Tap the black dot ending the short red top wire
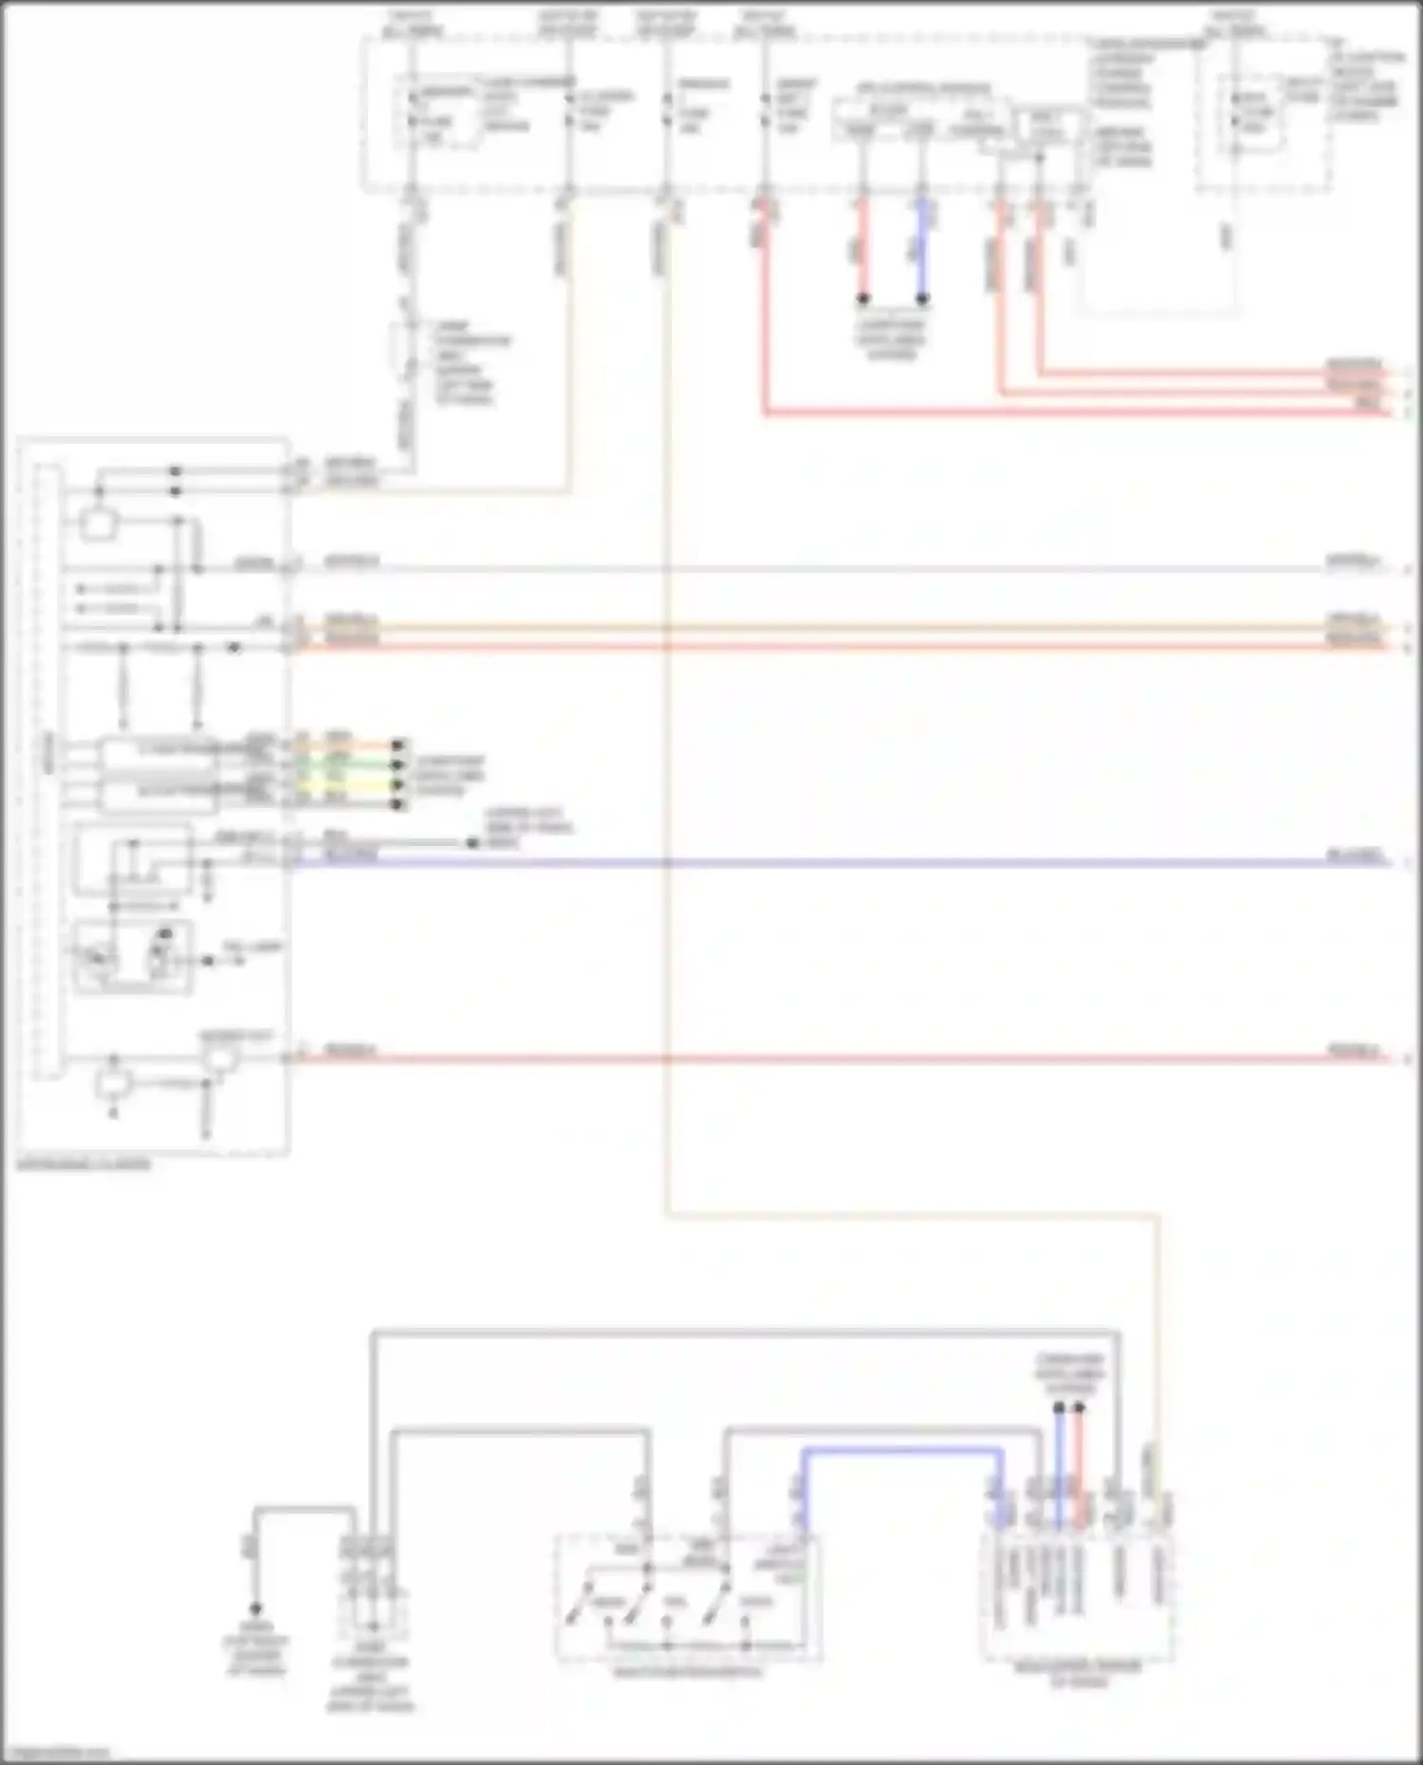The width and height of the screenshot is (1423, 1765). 862,299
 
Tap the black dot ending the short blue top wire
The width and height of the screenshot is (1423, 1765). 922,299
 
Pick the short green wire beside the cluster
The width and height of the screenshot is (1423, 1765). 365,764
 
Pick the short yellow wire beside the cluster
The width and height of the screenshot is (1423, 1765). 365,785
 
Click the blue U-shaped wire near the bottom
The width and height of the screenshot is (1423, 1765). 901,1451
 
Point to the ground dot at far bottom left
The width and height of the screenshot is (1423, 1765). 254,1609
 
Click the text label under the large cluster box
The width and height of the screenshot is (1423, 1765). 83,1165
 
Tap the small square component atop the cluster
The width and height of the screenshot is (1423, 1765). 98,524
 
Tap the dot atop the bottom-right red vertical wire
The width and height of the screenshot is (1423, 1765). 1079,1408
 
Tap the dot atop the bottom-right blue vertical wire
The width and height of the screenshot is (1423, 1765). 1059,1408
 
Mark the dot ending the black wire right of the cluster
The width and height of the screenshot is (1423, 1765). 471,843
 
